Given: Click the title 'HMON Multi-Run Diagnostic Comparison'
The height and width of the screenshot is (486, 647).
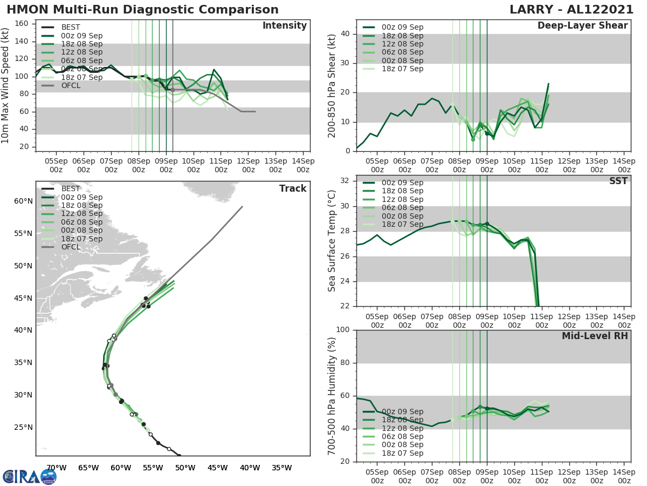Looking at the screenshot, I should (142, 10).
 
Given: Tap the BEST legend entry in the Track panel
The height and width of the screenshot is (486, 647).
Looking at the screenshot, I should (71, 188).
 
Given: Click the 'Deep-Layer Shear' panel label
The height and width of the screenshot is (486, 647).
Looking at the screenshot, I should (582, 26).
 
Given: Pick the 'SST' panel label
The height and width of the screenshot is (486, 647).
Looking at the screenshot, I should (618, 181).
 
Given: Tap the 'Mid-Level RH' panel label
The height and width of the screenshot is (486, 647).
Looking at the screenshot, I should (595, 336).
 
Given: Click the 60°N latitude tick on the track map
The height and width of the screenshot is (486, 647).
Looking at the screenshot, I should (23, 201).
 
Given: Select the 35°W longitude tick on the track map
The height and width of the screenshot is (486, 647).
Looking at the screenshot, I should (281, 468).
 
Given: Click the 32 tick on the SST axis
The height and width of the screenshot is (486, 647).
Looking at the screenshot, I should (345, 180).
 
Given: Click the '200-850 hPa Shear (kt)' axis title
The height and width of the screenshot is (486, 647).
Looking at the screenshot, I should (332, 85).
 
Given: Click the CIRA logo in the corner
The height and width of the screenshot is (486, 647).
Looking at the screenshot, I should (29, 476).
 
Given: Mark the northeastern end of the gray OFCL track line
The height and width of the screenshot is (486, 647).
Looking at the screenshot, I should (242, 206).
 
